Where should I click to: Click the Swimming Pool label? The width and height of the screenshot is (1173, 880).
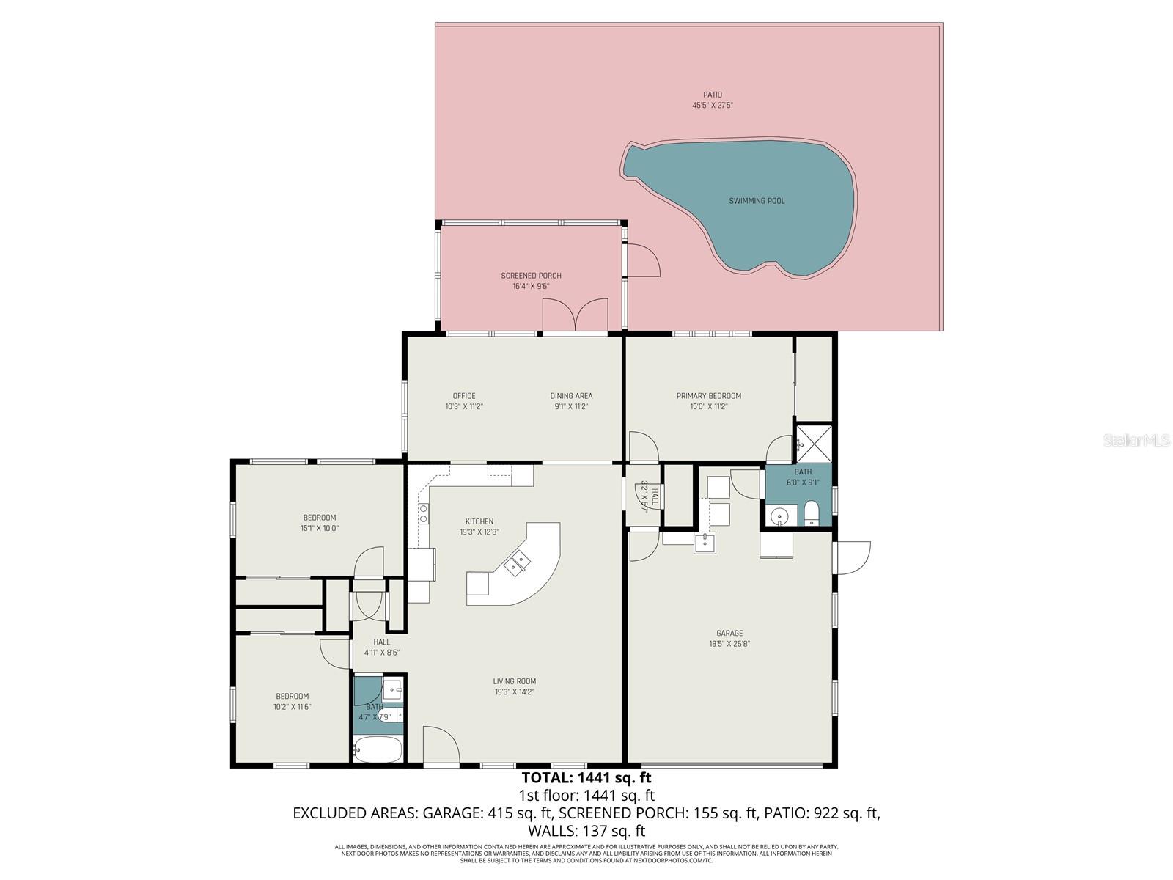pos(757,201)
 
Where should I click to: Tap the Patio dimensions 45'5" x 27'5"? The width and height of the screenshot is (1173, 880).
pos(713,106)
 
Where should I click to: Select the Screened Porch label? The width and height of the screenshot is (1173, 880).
pos(531,276)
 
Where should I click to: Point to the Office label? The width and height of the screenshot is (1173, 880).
pos(464,396)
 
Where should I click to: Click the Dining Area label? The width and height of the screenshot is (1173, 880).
pos(571,396)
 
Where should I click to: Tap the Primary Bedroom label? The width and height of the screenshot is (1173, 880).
pos(708,396)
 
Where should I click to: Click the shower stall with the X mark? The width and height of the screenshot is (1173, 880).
pos(815,442)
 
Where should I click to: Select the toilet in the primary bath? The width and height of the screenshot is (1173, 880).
pos(812,513)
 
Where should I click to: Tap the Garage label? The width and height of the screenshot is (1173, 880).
pos(729,634)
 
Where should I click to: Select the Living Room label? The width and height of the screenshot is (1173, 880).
pos(514,681)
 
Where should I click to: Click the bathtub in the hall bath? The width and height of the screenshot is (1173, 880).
pos(378,749)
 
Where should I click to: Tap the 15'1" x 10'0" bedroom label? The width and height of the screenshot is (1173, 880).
pos(320,518)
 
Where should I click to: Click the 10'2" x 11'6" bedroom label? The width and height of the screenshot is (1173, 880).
pos(292,697)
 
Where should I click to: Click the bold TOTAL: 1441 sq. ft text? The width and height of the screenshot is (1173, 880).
pos(586,777)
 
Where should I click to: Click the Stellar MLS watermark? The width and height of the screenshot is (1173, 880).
pos(1136,441)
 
